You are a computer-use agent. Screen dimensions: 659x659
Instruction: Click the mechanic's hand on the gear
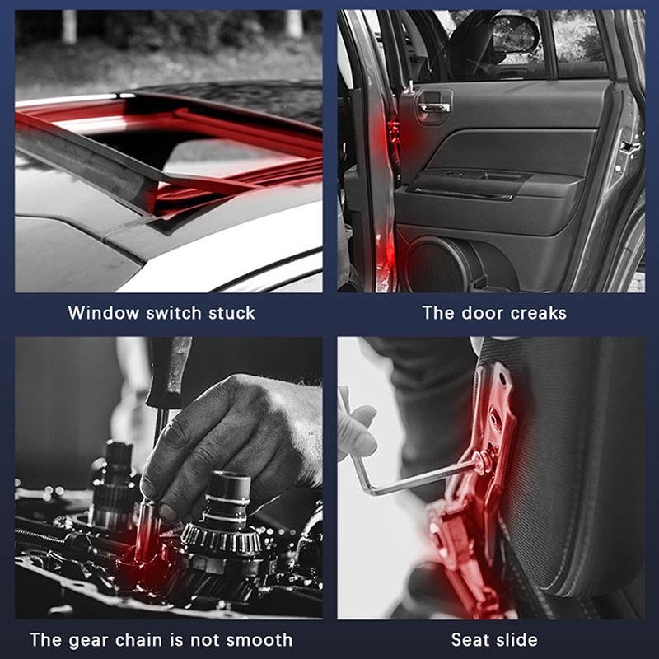click(222, 437)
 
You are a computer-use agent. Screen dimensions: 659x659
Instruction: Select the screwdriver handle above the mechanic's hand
click(170, 371)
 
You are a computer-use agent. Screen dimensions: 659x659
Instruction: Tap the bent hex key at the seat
click(412, 482)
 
